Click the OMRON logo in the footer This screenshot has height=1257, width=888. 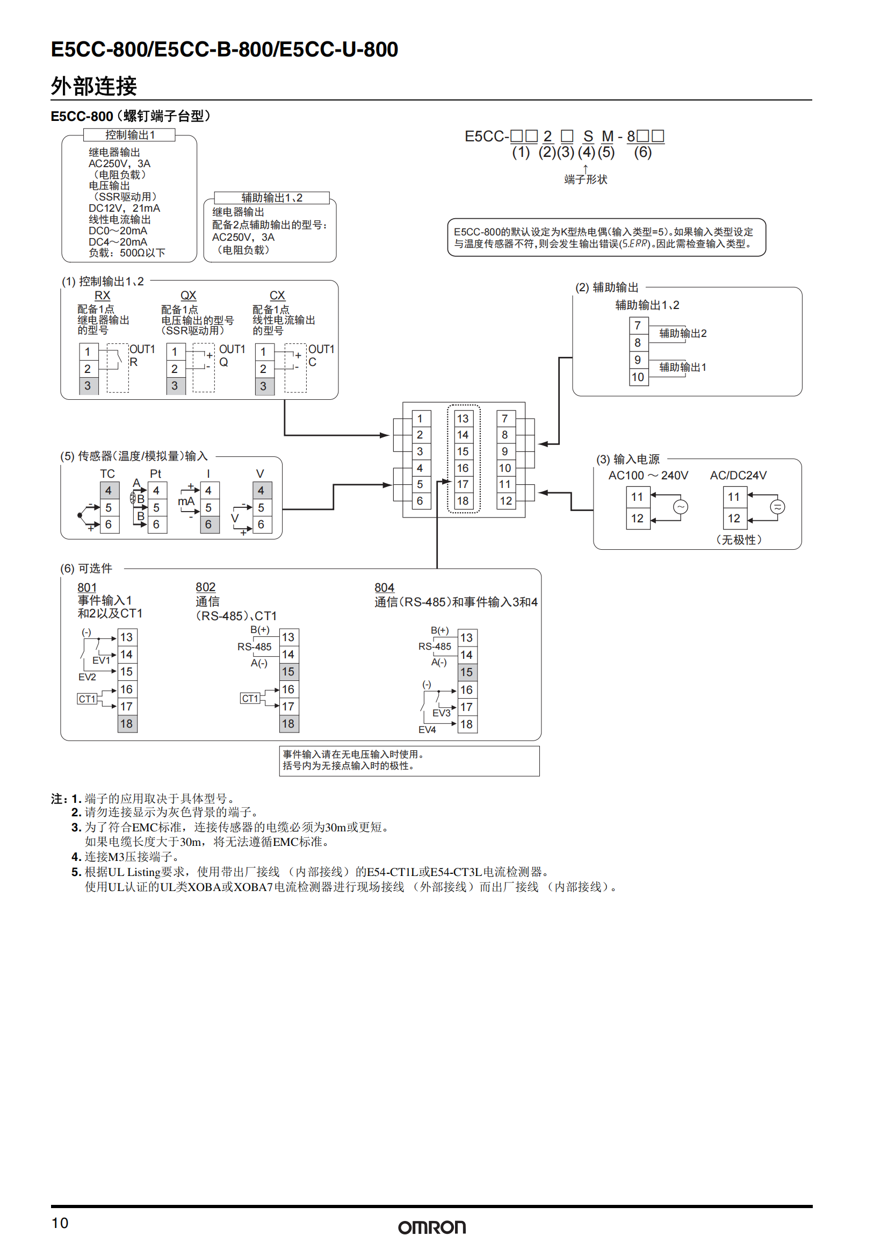pyautogui.click(x=432, y=1227)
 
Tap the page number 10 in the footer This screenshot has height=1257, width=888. pyautogui.click(x=60, y=1223)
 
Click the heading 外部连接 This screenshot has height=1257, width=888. pyautogui.click(x=93, y=86)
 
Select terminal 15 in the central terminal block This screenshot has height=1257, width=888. pyautogui.click(x=463, y=451)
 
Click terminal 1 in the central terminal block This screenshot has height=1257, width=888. pyautogui.click(x=420, y=418)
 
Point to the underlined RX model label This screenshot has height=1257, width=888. pyautogui.click(x=102, y=295)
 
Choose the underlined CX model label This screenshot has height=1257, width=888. pyautogui.click(x=277, y=295)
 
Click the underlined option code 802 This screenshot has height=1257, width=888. pyautogui.click(x=205, y=587)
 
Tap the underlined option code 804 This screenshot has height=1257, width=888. pyautogui.click(x=384, y=587)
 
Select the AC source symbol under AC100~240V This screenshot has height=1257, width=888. pyautogui.click(x=680, y=507)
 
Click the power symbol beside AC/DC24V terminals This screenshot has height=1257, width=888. pyautogui.click(x=777, y=507)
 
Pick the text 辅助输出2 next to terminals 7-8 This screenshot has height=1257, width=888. pyautogui.click(x=682, y=333)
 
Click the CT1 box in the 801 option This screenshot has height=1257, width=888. pyautogui.click(x=86, y=699)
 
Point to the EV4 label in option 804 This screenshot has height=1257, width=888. pyautogui.click(x=427, y=730)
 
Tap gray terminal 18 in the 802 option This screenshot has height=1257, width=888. pyautogui.click(x=288, y=724)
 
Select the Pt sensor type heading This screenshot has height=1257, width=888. pyautogui.click(x=155, y=473)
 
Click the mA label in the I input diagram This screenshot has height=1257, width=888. pyautogui.click(x=186, y=501)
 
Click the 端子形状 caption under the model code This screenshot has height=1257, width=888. pyautogui.click(x=586, y=179)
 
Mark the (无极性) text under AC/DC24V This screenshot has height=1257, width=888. pyautogui.click(x=739, y=540)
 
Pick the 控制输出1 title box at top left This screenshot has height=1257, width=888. pyautogui.click(x=129, y=135)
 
